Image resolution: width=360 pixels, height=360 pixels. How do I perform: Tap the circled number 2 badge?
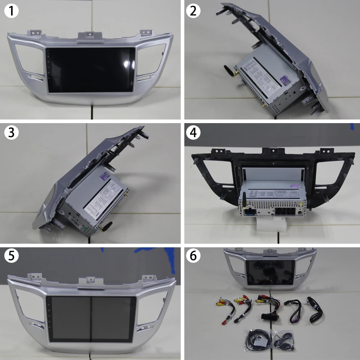click(x=193, y=12)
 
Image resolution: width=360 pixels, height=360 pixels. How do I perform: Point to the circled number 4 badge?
click(x=193, y=132)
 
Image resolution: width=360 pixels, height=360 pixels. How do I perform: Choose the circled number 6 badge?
click(x=193, y=256)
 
